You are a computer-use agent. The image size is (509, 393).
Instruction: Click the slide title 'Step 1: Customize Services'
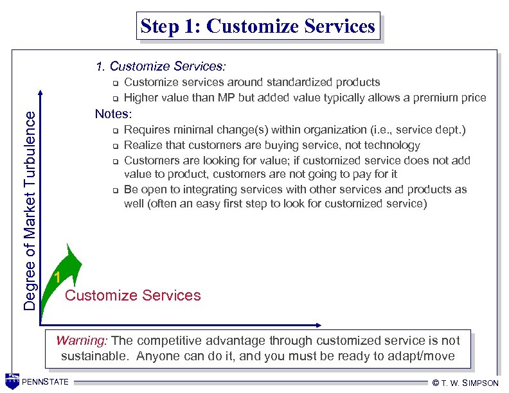(x=258, y=27)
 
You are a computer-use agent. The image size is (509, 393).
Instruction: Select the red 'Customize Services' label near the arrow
(x=133, y=295)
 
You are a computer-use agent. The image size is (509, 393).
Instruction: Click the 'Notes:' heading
(x=113, y=114)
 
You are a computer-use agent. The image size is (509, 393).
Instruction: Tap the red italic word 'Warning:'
(x=82, y=341)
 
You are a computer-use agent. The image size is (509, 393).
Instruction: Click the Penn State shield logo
(x=12, y=381)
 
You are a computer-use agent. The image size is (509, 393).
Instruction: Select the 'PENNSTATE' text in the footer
(x=48, y=383)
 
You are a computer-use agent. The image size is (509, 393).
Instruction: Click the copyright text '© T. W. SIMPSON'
(x=465, y=383)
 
